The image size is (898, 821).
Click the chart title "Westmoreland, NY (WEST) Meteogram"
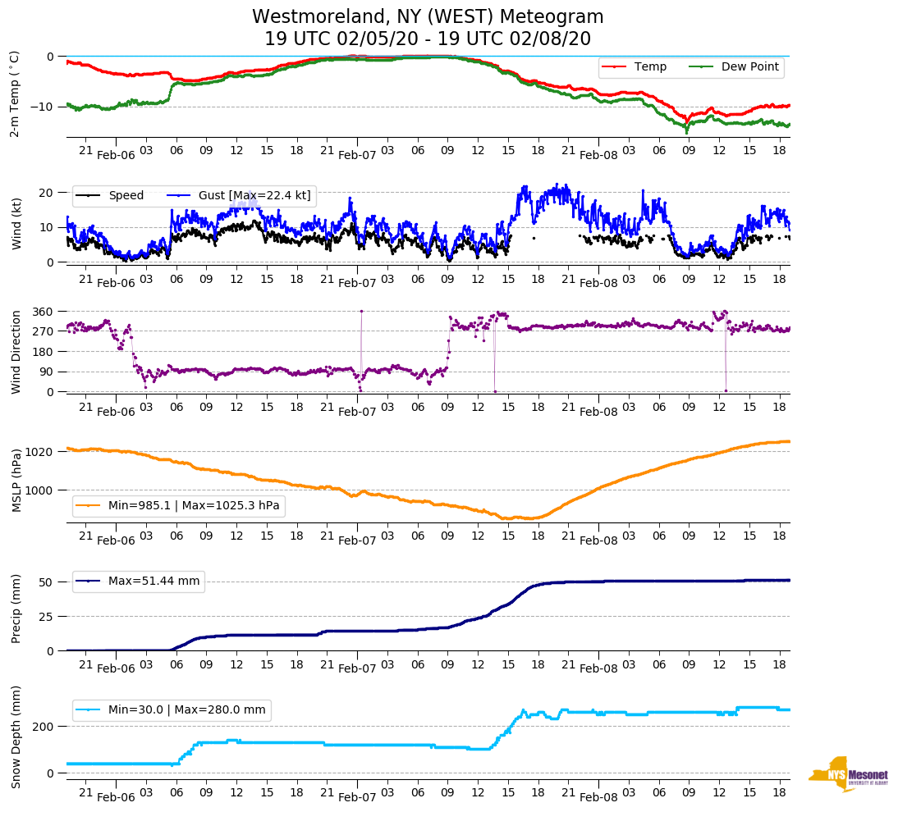pyautogui.click(x=428, y=17)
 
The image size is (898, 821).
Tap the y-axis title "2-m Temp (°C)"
pyautogui.click(x=15, y=93)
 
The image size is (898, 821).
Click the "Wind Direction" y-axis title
pyautogui.click(x=16, y=351)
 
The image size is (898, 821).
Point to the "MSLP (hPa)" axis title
pyautogui.click(x=16, y=481)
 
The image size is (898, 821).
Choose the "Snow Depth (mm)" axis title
pyautogui.click(x=16, y=737)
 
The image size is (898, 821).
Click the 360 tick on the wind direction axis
pyautogui.click(x=44, y=312)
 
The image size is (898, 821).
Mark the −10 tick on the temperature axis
pyautogui.click(x=40, y=107)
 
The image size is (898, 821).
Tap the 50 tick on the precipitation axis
pyautogui.click(x=47, y=582)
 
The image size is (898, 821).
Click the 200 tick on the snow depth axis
pyautogui.click(x=44, y=727)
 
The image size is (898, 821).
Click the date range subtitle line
pyautogui.click(x=428, y=39)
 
